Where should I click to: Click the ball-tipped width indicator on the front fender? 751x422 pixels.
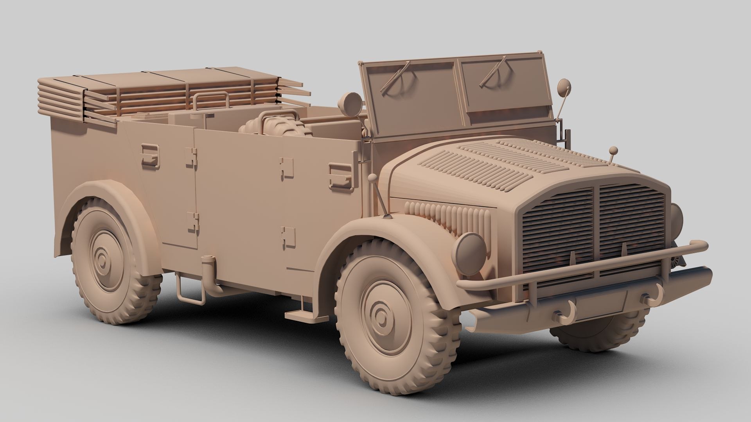(373, 179)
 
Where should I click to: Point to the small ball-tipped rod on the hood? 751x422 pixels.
(613, 150)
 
